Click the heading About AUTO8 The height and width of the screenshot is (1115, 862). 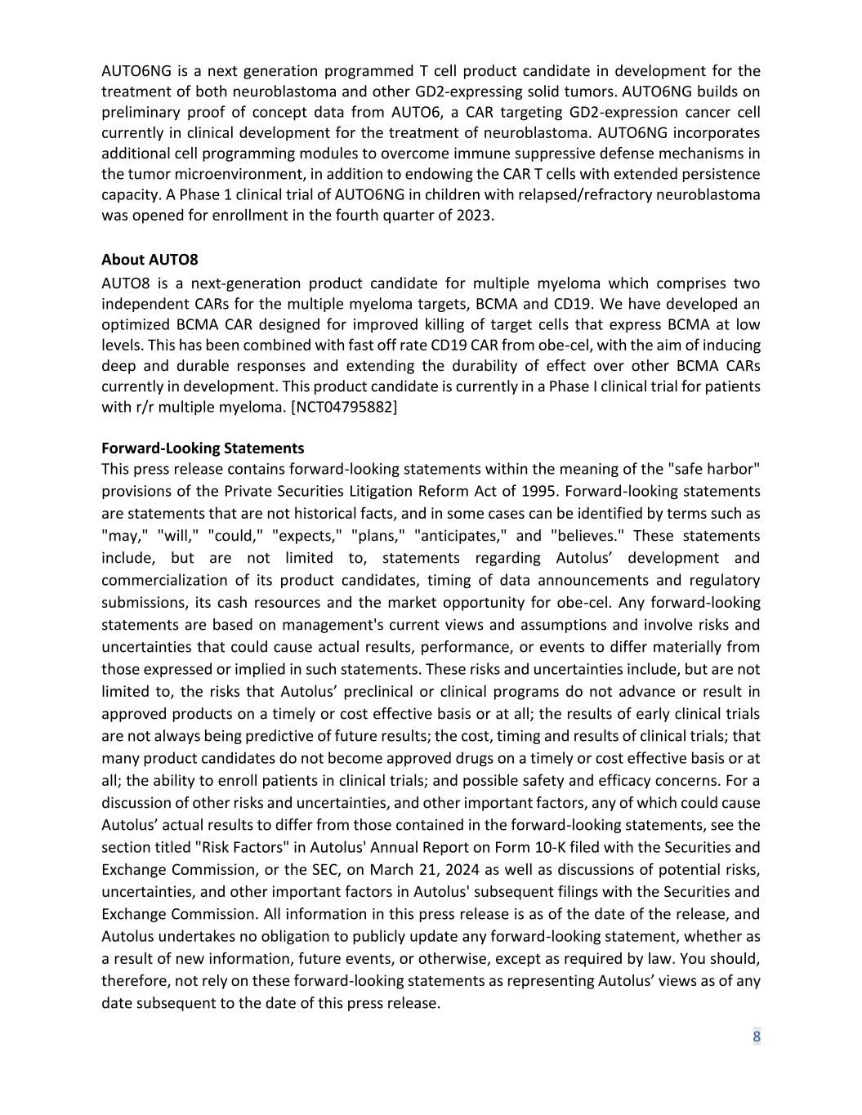point(150,261)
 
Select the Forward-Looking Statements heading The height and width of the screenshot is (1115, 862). point(203,448)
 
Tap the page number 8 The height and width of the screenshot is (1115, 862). point(757,1037)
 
